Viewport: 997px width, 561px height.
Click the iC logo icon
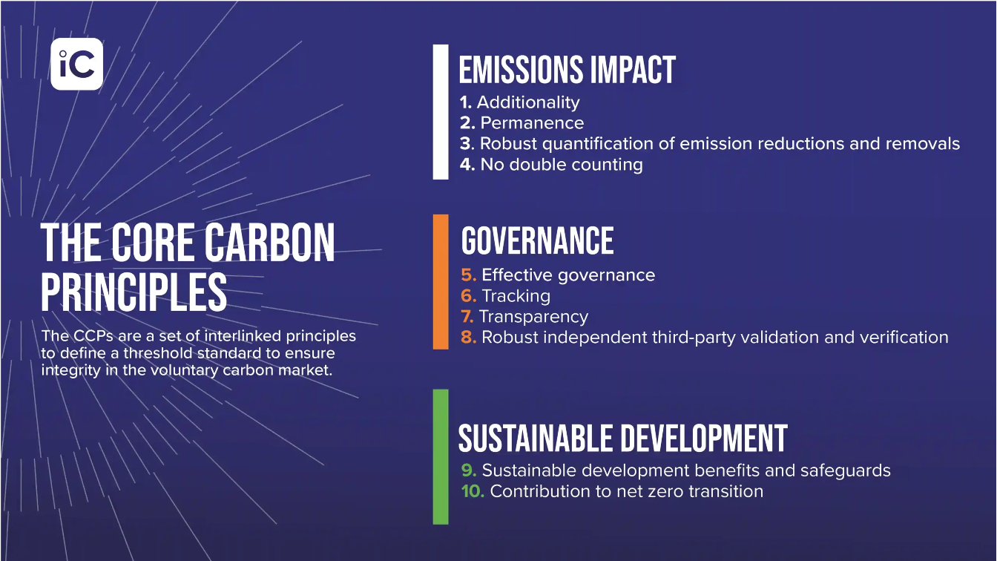click(x=76, y=64)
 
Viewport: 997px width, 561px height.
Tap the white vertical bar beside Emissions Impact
click(x=441, y=112)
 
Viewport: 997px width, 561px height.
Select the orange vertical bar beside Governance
click(x=441, y=282)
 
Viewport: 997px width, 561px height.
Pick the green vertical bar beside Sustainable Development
click(x=441, y=457)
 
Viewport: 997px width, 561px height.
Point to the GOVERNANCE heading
click(x=537, y=240)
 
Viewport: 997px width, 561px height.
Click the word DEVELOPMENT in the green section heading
click(x=704, y=439)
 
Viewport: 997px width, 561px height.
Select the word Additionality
click(x=528, y=102)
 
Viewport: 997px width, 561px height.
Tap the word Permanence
click(x=532, y=123)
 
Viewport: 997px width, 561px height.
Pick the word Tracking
click(x=516, y=296)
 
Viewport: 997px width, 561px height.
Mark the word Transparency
click(x=533, y=317)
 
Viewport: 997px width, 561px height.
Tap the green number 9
click(x=469, y=470)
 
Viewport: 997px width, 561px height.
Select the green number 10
click(x=473, y=491)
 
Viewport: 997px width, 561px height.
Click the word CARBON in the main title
click(x=269, y=243)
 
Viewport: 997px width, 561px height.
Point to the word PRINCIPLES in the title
click(x=134, y=292)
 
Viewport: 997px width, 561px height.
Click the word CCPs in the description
click(x=93, y=336)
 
